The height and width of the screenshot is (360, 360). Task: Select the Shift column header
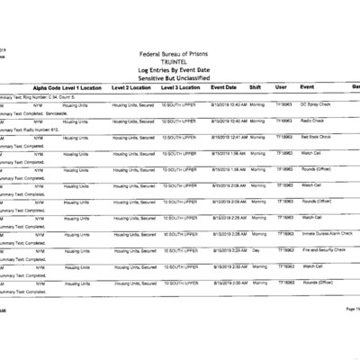255,88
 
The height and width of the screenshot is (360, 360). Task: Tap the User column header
281,88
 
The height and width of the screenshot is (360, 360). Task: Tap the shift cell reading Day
255,249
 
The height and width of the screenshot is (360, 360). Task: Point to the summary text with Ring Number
40,96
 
